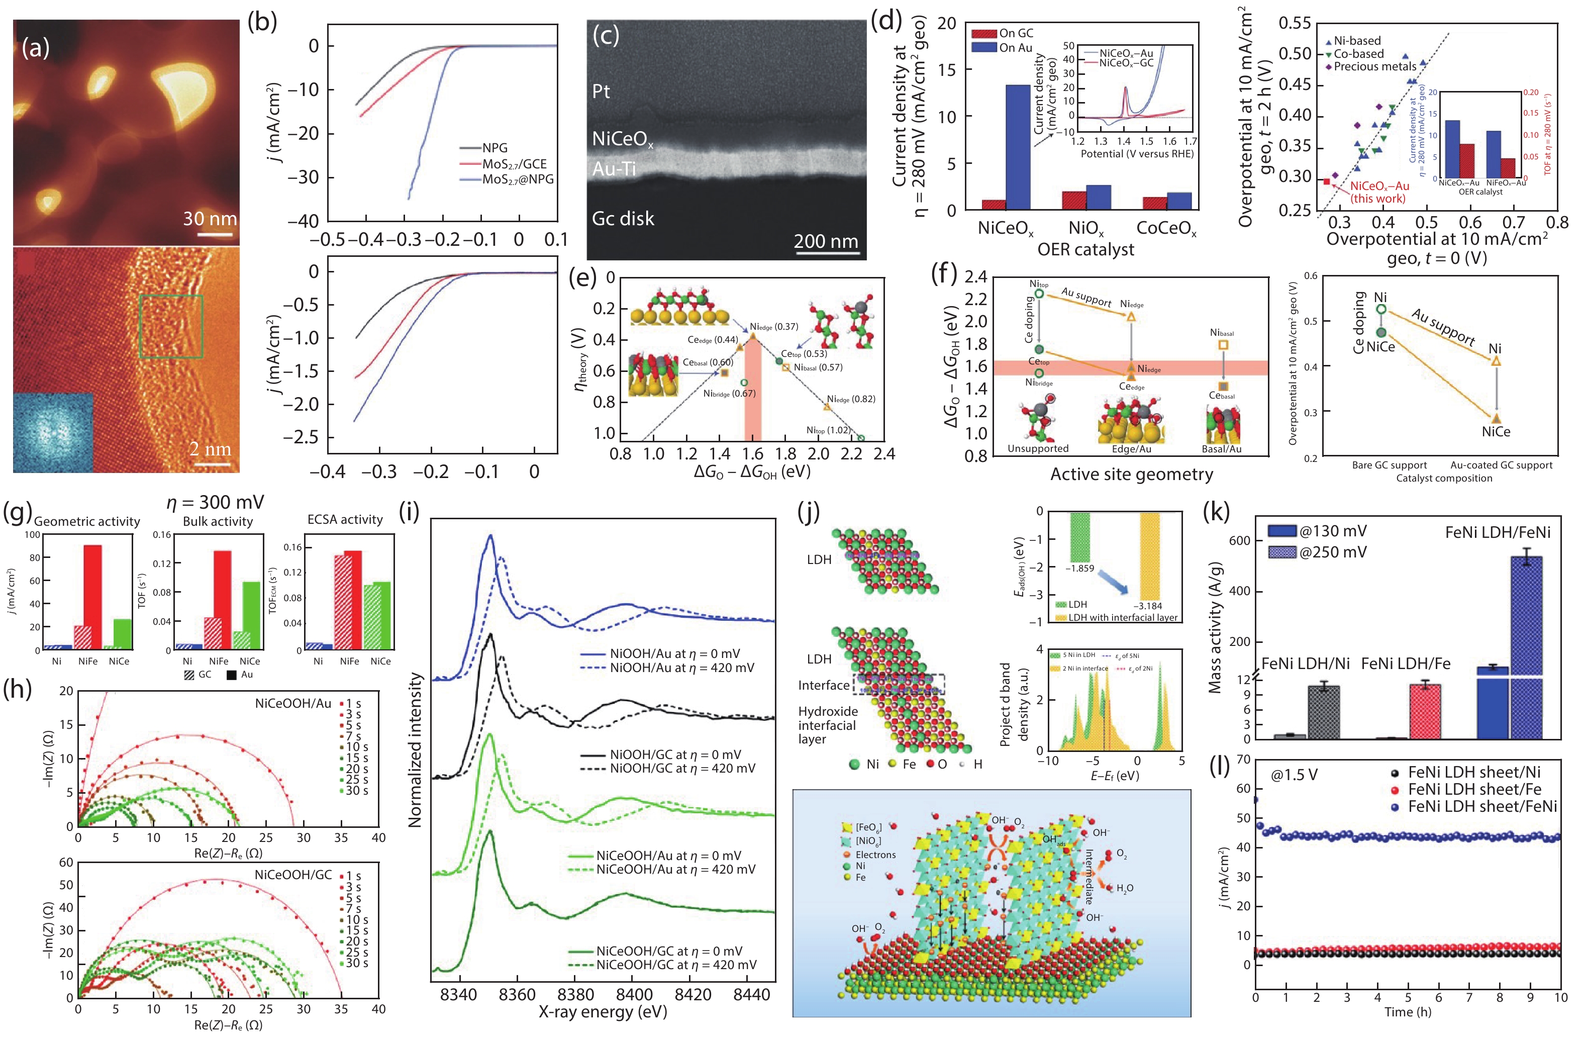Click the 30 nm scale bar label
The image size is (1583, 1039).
[x=210, y=219]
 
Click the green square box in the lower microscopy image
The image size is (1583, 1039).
[x=171, y=327]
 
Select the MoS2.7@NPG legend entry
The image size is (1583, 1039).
[x=518, y=179]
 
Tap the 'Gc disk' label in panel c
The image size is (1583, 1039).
[x=623, y=219]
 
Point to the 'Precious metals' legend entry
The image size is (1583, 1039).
[x=1375, y=66]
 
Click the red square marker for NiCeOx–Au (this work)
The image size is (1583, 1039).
[x=1326, y=181]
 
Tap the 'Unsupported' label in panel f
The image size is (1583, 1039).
[x=1038, y=448]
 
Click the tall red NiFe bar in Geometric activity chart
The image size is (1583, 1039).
[x=92, y=597]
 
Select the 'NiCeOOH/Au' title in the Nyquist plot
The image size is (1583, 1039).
[x=292, y=703]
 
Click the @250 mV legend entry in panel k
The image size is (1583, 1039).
[x=1332, y=552]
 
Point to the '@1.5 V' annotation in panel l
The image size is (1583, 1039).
[x=1294, y=775]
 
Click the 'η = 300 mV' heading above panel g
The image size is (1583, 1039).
[x=215, y=502]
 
